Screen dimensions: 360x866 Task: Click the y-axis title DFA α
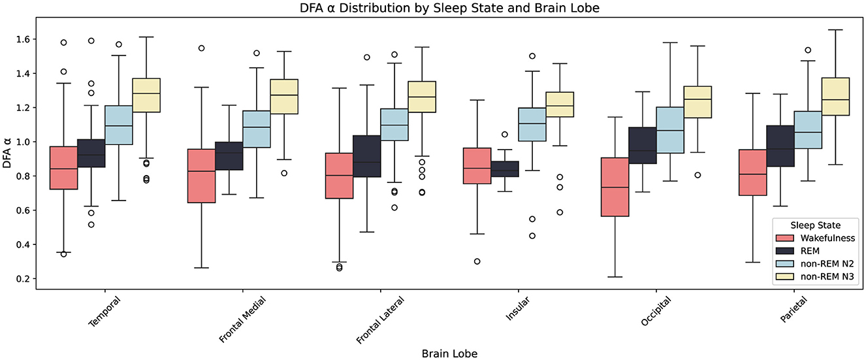click(8, 154)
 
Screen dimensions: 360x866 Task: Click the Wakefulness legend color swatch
click(786, 238)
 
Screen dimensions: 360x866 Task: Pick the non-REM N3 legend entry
click(823, 278)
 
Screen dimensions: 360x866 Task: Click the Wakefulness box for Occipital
click(615, 187)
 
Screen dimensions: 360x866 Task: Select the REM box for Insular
click(505, 169)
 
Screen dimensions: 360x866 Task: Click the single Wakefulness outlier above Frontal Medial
click(201, 48)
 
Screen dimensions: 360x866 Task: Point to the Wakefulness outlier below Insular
click(477, 261)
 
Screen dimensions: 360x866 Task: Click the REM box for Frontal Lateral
click(366, 156)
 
